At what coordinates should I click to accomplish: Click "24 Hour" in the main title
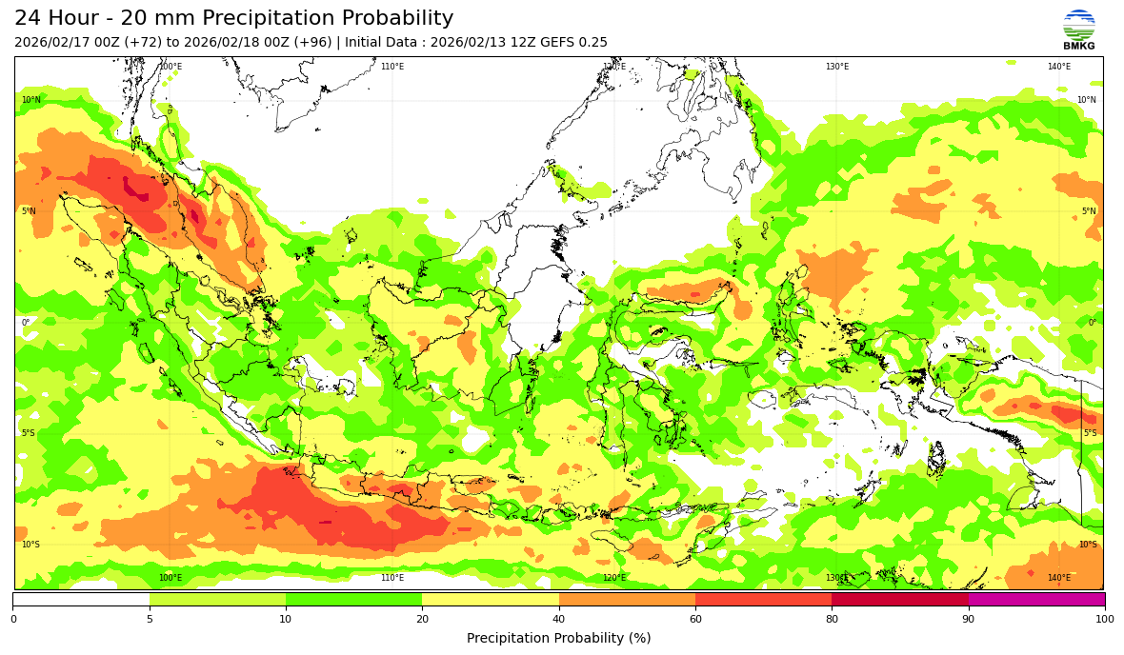pyautogui.click(x=57, y=19)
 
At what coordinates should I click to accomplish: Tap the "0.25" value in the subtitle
pyautogui.click(x=593, y=43)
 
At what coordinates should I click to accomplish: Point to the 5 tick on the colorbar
pyautogui.click(x=150, y=619)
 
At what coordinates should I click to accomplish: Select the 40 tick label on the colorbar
pyautogui.click(x=559, y=619)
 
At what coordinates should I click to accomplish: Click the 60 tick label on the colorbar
pyautogui.click(x=695, y=619)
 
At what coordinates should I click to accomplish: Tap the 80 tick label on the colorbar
pyautogui.click(x=832, y=619)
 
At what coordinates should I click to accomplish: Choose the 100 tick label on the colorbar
pyautogui.click(x=1104, y=619)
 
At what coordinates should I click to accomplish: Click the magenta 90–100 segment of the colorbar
pyautogui.click(x=1036, y=599)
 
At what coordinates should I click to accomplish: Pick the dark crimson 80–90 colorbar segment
pyautogui.click(x=900, y=599)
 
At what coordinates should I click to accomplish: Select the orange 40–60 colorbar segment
pyautogui.click(x=627, y=599)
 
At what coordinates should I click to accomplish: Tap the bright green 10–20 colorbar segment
pyautogui.click(x=353, y=599)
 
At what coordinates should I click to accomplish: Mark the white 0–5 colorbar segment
pyautogui.click(x=81, y=599)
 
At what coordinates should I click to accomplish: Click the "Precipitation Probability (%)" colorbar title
pyautogui.click(x=559, y=638)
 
